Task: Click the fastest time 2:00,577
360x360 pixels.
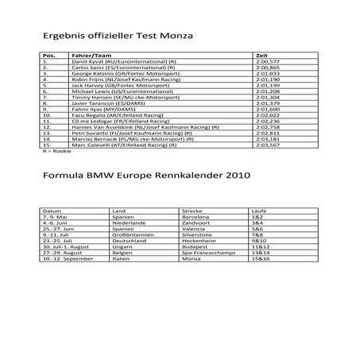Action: tap(268, 62)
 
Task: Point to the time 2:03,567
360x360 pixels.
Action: tap(268, 146)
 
